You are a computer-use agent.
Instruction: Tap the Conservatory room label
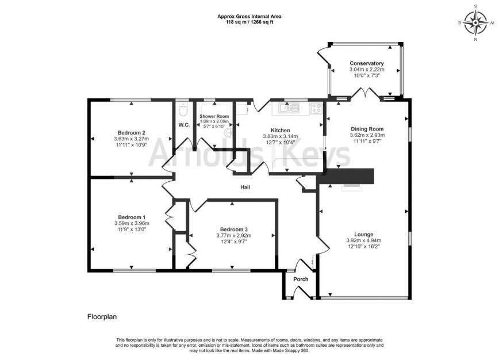pos(366,63)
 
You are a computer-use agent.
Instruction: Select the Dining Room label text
pos(367,129)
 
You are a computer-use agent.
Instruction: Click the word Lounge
pos(364,234)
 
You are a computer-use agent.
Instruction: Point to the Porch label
pos(301,279)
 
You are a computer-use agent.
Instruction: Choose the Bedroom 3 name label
pos(233,228)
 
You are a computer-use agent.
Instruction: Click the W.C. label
pos(184,125)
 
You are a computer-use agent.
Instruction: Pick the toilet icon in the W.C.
pos(183,108)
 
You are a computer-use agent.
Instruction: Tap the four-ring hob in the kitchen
pos(317,107)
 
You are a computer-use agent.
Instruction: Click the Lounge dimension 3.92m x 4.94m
pos(364,240)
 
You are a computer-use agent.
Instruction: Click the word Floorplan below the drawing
pos(102,316)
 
